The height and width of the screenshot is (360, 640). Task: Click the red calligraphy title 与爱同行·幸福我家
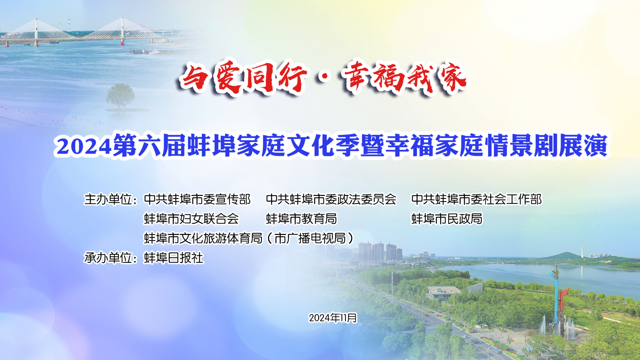[323, 77]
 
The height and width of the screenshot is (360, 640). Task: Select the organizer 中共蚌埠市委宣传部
[197, 199]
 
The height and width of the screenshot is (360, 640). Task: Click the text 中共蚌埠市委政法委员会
[331, 199]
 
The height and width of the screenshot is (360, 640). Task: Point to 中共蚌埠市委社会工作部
[476, 199]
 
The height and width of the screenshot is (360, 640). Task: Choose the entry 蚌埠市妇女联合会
[191, 219]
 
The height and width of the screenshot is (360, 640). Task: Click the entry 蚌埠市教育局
[301, 219]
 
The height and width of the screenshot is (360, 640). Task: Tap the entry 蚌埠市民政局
[447, 219]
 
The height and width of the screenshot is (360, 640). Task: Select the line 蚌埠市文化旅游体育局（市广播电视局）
[249, 238]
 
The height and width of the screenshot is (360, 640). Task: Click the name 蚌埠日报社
[173, 258]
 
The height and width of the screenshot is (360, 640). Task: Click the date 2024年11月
[333, 318]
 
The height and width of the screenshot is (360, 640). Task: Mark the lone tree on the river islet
[120, 96]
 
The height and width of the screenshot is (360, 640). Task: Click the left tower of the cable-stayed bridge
[36, 32]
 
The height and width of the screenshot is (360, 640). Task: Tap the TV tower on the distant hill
[582, 249]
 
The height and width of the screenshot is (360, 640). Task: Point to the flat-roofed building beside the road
[444, 292]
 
